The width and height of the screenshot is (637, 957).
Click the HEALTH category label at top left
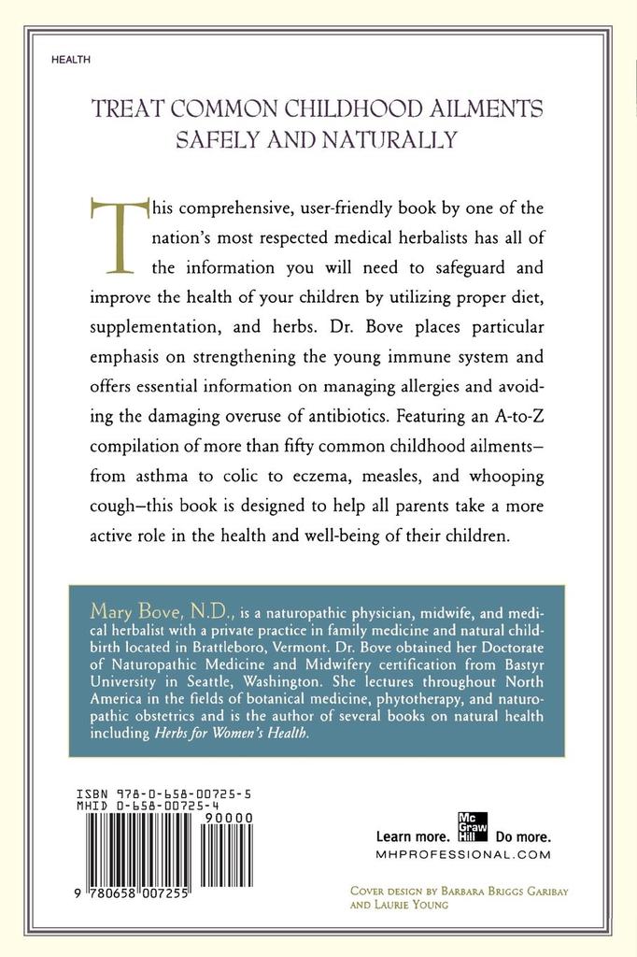[71, 59]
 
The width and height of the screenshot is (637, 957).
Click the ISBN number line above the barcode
[164, 793]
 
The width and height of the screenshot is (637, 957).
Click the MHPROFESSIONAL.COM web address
[462, 854]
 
